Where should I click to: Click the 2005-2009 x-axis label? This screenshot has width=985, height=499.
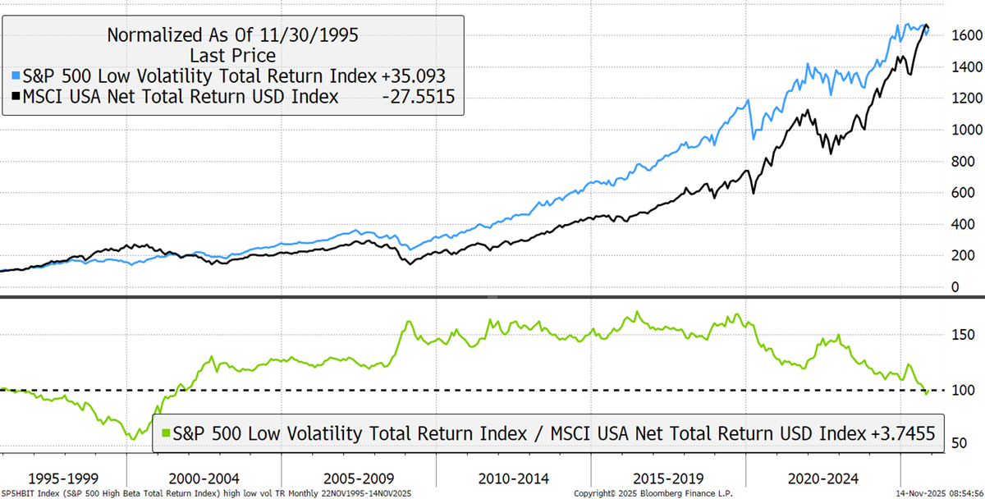click(x=357, y=478)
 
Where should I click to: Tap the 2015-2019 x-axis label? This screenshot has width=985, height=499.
click(x=667, y=478)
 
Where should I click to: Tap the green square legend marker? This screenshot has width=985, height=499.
click(x=166, y=433)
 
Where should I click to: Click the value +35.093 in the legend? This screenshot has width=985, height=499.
click(x=414, y=76)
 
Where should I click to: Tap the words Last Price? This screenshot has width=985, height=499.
click(x=232, y=55)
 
